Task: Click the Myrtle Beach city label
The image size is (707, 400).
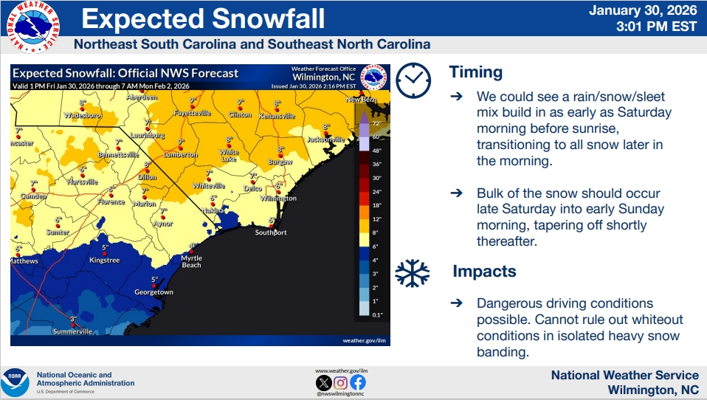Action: [x=191, y=261]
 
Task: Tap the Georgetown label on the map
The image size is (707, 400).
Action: [x=154, y=292]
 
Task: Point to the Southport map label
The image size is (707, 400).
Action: [x=270, y=232]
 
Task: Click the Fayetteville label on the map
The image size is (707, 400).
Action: [x=192, y=114]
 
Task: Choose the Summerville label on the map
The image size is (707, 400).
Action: [x=72, y=331]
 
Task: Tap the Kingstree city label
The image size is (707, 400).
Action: [x=104, y=260]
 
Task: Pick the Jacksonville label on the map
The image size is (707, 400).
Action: [x=325, y=139]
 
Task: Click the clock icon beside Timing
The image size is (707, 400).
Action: [x=413, y=80]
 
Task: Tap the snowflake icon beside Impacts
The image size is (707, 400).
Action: [x=412, y=272]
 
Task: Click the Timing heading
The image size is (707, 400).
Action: [x=475, y=72]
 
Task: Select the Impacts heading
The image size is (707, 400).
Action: [x=484, y=271]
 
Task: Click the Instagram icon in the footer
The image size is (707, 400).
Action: [x=340, y=382]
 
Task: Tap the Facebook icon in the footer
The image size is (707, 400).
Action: [x=357, y=382]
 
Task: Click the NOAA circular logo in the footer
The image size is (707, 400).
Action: [x=15, y=382]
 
